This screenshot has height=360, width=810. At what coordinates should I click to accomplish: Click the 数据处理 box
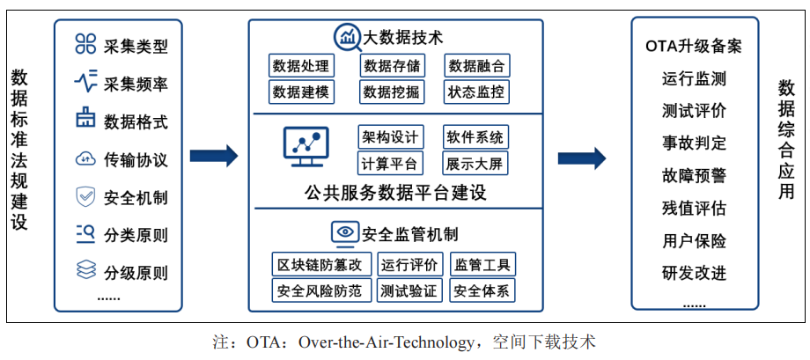[300, 66]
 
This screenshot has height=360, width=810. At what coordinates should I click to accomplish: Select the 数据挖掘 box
[391, 92]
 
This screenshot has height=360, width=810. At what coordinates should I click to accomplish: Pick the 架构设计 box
[391, 137]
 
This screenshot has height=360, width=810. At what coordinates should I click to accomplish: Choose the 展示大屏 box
[475, 163]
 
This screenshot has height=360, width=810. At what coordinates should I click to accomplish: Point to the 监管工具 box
[482, 265]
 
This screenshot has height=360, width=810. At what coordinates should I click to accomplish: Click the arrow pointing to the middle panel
[214, 156]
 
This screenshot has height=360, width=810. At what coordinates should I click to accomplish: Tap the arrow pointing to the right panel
[582, 158]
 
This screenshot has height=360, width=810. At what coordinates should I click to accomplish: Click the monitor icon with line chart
[306, 146]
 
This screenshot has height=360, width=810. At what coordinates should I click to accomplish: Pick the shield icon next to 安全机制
[85, 197]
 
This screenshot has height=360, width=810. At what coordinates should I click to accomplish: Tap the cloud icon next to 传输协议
[85, 159]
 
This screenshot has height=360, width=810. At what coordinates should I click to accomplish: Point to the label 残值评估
[694, 208]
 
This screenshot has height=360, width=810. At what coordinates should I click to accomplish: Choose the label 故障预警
[694, 175]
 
